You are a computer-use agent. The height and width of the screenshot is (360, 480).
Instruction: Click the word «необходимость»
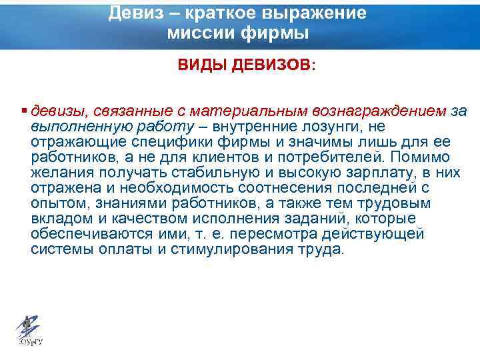[x=155, y=189]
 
